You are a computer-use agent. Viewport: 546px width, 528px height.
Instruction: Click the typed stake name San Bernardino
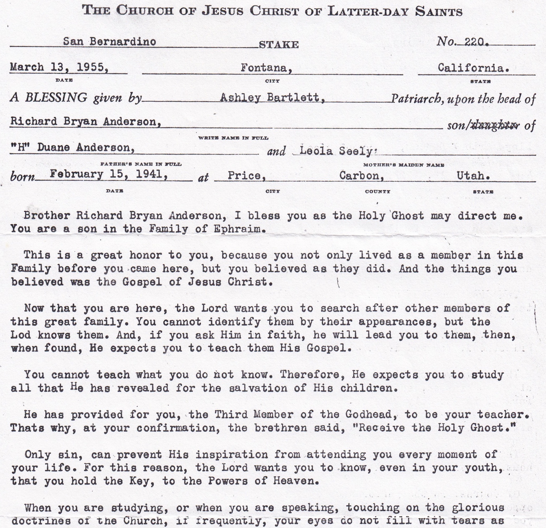pos(110,42)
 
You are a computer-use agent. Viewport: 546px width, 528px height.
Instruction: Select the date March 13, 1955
pos(59,68)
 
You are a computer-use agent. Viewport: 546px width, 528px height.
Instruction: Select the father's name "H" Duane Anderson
pos(73,148)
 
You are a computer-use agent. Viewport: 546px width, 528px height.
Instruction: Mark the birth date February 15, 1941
pos(109,175)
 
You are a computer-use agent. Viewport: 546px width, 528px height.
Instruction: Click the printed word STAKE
pos(279,45)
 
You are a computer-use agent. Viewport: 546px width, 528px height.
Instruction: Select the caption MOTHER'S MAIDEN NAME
pos(404,165)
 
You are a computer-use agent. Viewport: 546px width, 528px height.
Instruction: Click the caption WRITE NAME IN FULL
pos(233,138)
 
